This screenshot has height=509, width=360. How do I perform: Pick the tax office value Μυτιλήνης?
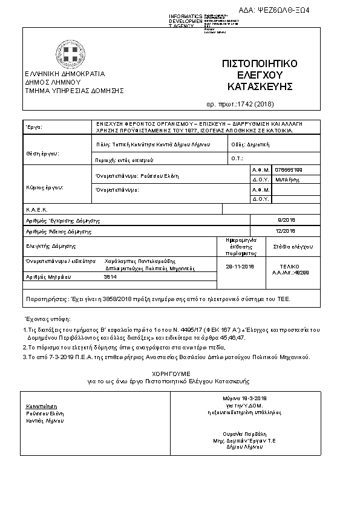click(287, 180)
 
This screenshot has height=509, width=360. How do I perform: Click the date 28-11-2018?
click(240, 266)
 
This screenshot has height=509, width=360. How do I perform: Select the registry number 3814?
click(110, 276)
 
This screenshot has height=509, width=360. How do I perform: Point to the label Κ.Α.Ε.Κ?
click(36, 209)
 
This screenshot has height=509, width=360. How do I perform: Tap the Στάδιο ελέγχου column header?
click(292, 247)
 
